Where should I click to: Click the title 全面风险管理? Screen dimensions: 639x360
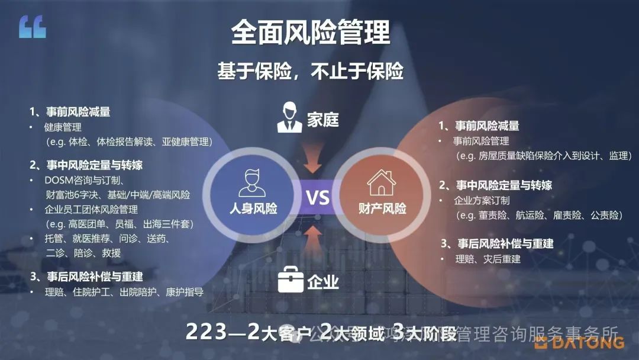click(311, 33)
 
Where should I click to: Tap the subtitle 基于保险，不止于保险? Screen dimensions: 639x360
click(311, 71)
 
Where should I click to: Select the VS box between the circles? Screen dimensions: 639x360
click(318, 197)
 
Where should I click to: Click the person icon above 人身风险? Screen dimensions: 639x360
click(252, 182)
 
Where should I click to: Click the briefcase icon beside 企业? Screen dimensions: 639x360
click(291, 279)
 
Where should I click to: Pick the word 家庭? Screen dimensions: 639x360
click(323, 120)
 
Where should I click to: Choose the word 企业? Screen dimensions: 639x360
click(323, 282)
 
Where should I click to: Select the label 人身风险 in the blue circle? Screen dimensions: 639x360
click(253, 208)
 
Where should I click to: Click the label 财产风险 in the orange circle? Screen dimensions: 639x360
click(382, 208)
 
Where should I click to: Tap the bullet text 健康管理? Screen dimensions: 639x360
click(63, 127)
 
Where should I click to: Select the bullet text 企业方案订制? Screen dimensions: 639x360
click(481, 200)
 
